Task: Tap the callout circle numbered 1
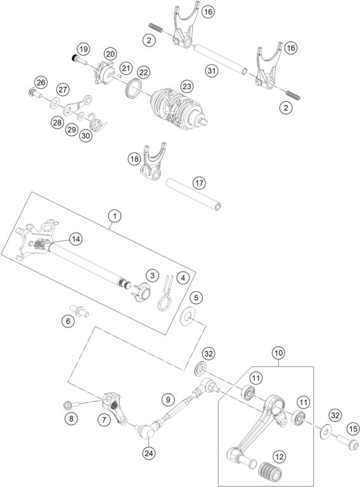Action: (114, 217)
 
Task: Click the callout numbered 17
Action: (199, 184)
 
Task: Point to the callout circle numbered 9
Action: (167, 400)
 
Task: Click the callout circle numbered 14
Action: (75, 239)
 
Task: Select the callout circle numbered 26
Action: (41, 82)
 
